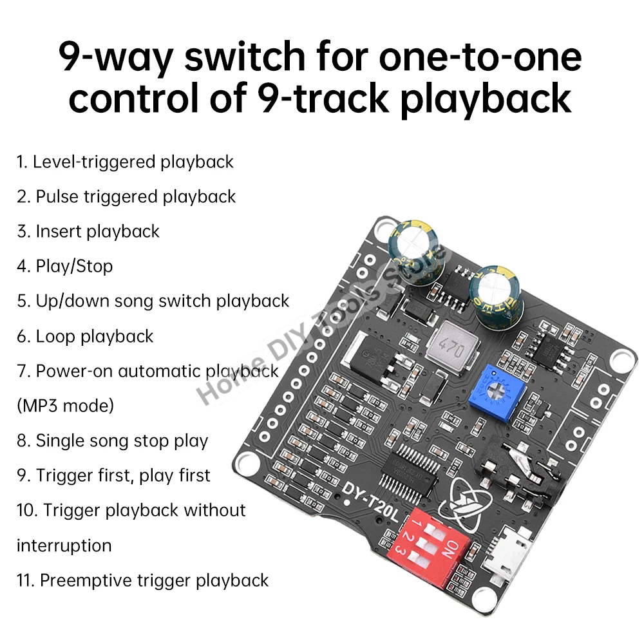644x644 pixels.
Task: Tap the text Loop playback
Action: (85, 336)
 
